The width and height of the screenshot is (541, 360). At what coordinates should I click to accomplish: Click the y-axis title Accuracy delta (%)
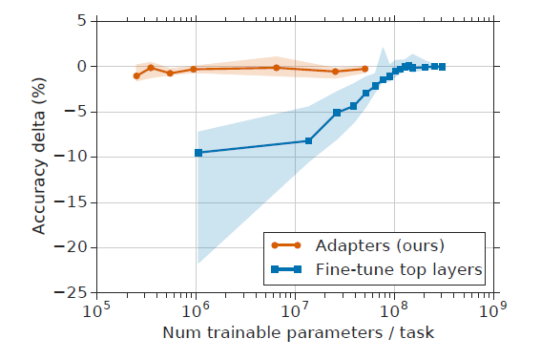(x=40, y=157)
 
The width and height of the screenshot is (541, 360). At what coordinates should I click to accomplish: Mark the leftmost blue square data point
(x=198, y=153)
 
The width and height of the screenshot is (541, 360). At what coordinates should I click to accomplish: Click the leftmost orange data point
(x=136, y=75)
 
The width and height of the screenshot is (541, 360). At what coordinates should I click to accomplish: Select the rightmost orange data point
(x=364, y=69)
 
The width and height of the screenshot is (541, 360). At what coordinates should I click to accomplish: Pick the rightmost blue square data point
(x=442, y=67)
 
